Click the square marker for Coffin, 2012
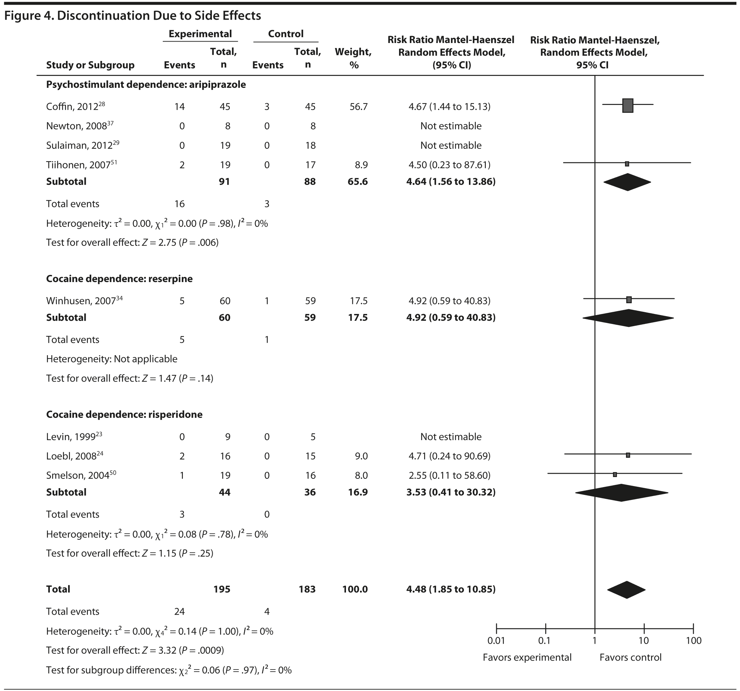click(x=627, y=105)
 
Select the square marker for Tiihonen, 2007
click(x=627, y=164)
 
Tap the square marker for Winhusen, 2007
click(x=629, y=300)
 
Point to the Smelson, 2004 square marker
click(x=615, y=475)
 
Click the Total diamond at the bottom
click(x=626, y=590)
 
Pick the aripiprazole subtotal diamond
click(x=627, y=182)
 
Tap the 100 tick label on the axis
click(x=693, y=641)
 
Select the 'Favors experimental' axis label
click(x=527, y=658)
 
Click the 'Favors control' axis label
click(x=630, y=658)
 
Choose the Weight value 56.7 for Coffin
click(x=358, y=107)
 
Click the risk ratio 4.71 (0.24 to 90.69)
click(x=449, y=456)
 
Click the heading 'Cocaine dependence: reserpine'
click(x=119, y=279)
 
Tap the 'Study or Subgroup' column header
click(x=90, y=65)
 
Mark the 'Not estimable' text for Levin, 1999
click(x=451, y=437)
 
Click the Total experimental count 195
click(x=222, y=589)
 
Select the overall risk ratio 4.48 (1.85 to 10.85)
click(x=451, y=589)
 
